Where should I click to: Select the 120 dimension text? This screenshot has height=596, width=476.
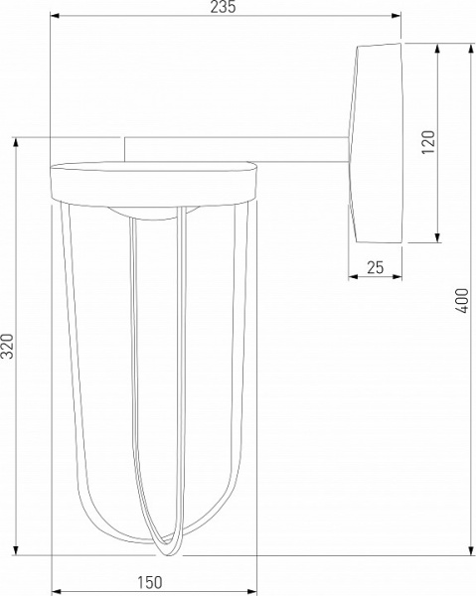tap(428, 144)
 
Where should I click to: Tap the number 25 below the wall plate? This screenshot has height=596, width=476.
tap(375, 266)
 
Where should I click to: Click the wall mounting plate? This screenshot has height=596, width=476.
tap(377, 142)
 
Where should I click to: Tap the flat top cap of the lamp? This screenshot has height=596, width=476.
tap(153, 179)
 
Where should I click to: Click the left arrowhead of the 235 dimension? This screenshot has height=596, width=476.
tap(53, 17)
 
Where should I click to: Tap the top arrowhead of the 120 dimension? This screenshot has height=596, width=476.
tap(438, 47)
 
